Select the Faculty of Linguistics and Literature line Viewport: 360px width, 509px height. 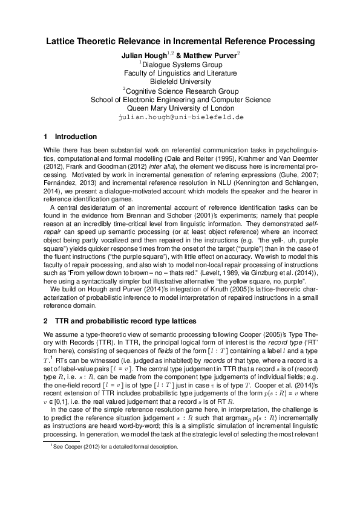(x=180, y=73)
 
